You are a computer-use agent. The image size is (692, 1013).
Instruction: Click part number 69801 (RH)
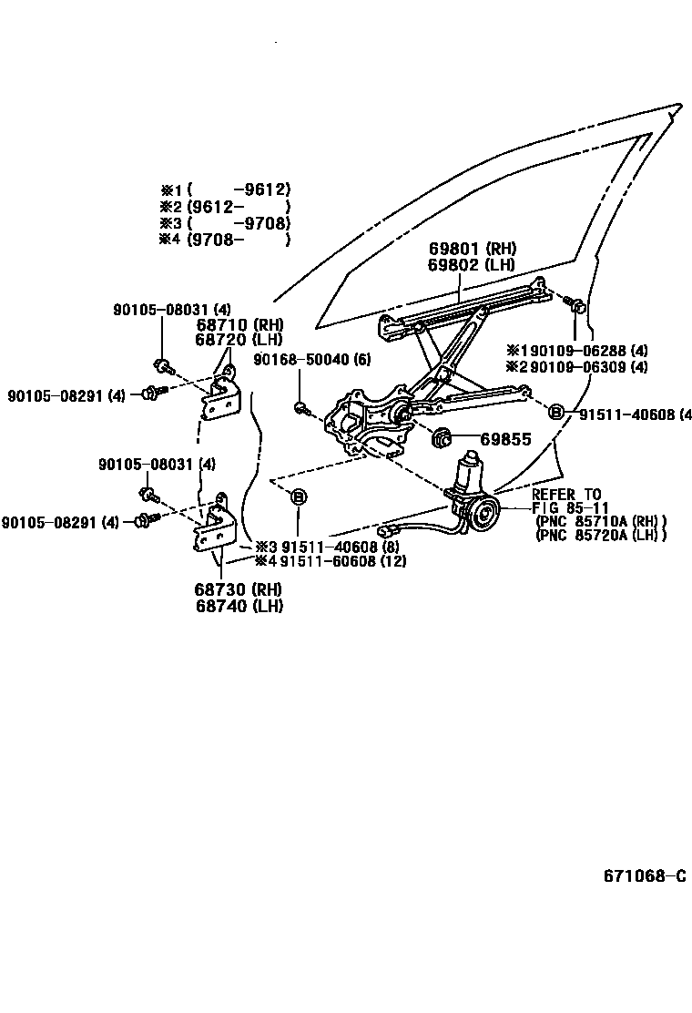472,249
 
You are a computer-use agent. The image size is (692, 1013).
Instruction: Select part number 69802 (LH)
472,265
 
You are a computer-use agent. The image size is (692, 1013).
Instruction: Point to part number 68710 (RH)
239,324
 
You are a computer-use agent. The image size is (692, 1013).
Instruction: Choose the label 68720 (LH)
239,340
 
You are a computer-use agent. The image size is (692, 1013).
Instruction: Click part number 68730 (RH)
239,590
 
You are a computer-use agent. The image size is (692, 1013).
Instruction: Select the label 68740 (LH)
239,606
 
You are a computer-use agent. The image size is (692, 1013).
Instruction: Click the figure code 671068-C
644,876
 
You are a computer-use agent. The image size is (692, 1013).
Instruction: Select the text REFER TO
566,495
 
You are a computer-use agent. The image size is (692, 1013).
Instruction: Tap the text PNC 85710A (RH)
601,521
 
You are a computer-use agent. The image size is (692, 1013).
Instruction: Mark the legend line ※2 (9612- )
225,207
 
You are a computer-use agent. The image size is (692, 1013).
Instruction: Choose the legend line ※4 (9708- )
225,240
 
